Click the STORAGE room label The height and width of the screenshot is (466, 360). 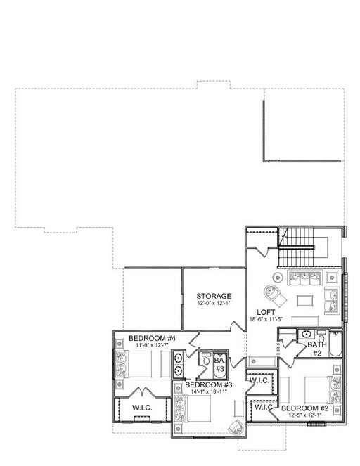point(214,296)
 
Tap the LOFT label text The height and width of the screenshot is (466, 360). point(266,312)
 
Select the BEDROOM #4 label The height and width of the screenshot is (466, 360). point(152,338)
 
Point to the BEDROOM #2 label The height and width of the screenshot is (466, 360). point(304,408)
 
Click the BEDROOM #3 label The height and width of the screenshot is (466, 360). point(209,385)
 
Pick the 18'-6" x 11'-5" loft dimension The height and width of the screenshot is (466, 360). point(266,319)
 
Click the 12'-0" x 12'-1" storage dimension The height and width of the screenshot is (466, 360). point(214,303)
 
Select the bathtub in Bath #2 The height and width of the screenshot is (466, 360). point(335,344)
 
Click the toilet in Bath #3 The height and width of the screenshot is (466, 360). point(205,358)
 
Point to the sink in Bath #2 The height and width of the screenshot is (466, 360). point(305,335)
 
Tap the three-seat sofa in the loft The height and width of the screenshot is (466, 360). point(304,278)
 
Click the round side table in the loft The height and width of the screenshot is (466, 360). point(278,278)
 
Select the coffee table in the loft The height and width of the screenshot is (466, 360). point(305,300)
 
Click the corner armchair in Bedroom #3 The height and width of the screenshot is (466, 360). point(237,427)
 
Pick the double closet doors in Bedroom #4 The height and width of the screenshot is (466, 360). point(144,391)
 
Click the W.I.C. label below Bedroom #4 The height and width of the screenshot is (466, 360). point(142,408)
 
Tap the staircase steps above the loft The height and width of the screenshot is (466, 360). point(296,247)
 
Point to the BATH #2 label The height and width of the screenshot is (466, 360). point(317,349)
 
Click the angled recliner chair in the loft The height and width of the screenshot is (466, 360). point(275,296)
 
